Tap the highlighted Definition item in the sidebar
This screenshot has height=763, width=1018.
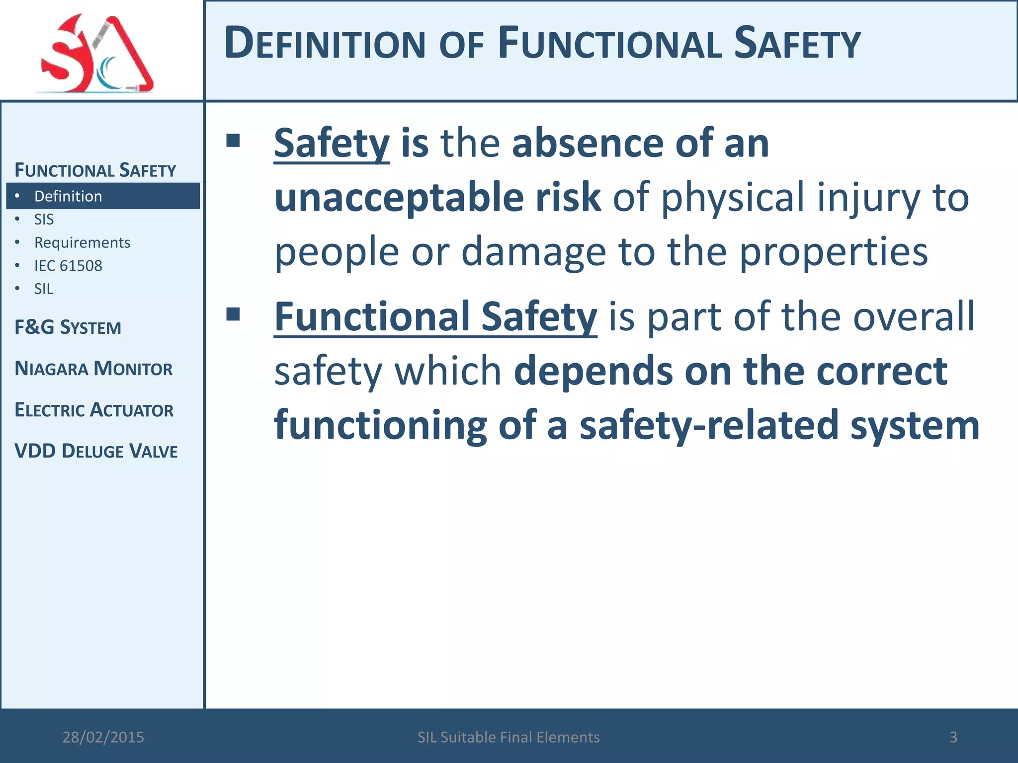[68, 196]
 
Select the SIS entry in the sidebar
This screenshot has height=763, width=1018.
[44, 220]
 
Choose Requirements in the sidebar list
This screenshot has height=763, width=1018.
[82, 242]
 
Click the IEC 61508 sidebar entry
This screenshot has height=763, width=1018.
[68, 266]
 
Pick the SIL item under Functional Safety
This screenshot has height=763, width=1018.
[44, 289]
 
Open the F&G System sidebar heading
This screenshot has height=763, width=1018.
[68, 328]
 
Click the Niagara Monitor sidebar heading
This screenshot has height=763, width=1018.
[93, 369]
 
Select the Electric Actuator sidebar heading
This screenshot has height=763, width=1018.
[94, 410]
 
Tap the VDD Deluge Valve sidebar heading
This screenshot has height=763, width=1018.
[96, 451]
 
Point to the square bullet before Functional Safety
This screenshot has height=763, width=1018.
[233, 314]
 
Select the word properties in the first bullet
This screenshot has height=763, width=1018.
[834, 252]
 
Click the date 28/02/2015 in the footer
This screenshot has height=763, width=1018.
[103, 737]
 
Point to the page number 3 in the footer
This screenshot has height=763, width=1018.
[953, 737]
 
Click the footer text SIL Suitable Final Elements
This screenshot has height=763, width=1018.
[509, 737]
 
